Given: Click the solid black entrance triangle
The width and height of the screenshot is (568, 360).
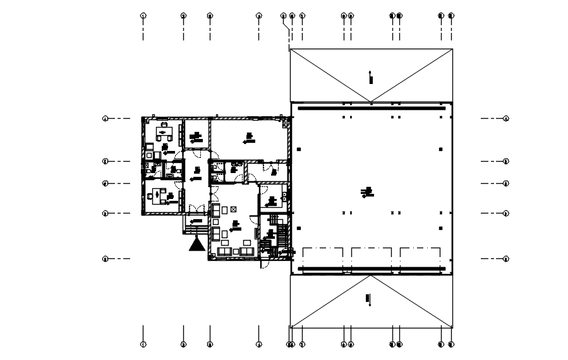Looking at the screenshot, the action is click(x=196, y=243).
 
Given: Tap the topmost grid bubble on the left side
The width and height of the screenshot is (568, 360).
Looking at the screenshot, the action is click(x=106, y=118).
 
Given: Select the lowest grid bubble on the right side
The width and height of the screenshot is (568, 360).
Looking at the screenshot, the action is click(x=506, y=258).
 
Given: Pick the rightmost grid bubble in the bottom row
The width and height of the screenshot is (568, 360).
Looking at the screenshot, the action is click(x=451, y=344).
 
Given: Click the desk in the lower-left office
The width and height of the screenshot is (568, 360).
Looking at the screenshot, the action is click(x=158, y=196).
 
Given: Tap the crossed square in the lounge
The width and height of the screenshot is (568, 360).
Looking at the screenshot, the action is click(x=233, y=209).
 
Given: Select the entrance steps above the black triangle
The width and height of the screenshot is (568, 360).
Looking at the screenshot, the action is click(x=195, y=225).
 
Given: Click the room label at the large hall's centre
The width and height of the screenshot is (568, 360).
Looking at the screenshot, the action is click(x=366, y=191).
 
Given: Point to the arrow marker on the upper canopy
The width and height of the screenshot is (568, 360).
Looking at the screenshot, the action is click(x=372, y=78).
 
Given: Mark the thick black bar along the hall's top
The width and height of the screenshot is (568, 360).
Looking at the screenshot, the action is click(x=372, y=108).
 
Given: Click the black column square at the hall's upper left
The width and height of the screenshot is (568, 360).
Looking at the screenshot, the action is click(x=299, y=149).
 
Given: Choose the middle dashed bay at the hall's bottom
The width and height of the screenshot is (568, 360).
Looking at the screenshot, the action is click(x=372, y=258).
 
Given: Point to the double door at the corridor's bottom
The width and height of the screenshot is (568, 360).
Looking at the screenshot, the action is click(x=196, y=208).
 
